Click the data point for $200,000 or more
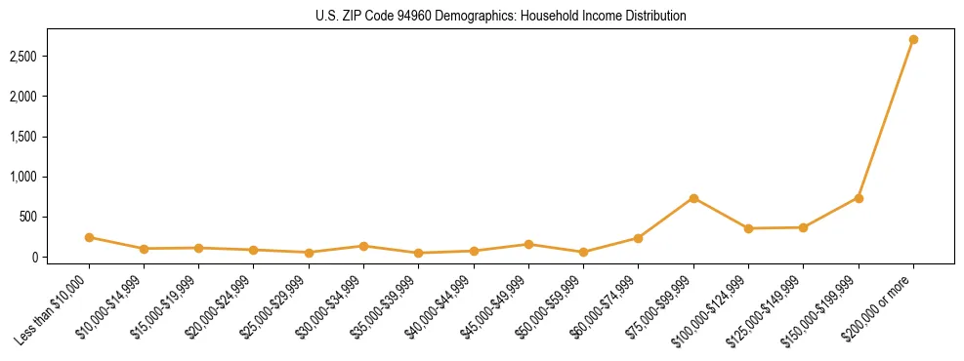pyautogui.click(x=913, y=40)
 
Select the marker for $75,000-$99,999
pyautogui.click(x=693, y=198)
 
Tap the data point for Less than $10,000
pyautogui.click(x=89, y=237)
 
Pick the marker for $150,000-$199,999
pyautogui.click(x=859, y=198)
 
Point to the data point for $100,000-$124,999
pyautogui.click(x=748, y=228)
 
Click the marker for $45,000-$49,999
pyautogui.click(x=528, y=244)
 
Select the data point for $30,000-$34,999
pyautogui.click(x=363, y=246)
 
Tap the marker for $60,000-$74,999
pyautogui.click(x=638, y=238)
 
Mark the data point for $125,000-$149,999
pyautogui.click(x=803, y=227)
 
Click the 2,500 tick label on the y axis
pyautogui.click(x=49, y=57)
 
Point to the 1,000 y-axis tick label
pyautogui.click(x=49, y=177)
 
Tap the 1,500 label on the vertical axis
pyautogui.click(x=49, y=137)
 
